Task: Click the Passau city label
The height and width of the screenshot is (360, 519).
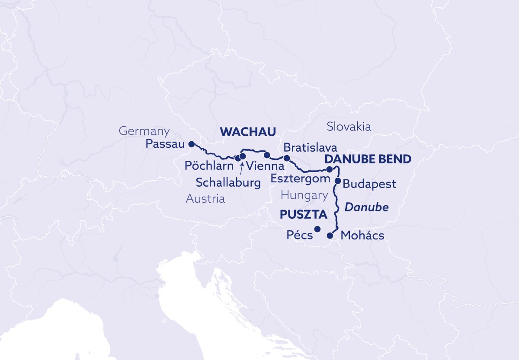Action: coord(164,144)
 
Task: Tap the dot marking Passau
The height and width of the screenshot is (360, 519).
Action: coord(192,144)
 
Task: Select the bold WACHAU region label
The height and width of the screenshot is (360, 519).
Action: coord(248,132)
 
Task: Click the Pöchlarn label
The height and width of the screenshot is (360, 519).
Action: coord(209,166)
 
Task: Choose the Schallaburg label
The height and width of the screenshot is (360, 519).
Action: coord(228,182)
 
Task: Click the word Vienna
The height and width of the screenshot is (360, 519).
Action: coord(264,166)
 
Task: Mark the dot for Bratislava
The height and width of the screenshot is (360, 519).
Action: coord(286,158)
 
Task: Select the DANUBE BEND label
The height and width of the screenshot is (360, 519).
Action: coord(368,159)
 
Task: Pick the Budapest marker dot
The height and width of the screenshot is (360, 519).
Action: coord(338,181)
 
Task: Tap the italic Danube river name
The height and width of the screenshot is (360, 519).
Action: coord(366,208)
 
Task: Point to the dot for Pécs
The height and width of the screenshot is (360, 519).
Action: coord(317,229)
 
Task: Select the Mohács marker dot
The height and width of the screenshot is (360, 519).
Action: coord(330,236)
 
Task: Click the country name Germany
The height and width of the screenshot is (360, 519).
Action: coord(144,131)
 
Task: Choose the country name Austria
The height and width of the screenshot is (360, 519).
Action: coord(205,199)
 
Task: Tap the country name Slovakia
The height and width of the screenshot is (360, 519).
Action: coord(349,127)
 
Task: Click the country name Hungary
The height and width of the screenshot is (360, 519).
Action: coord(304,195)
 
